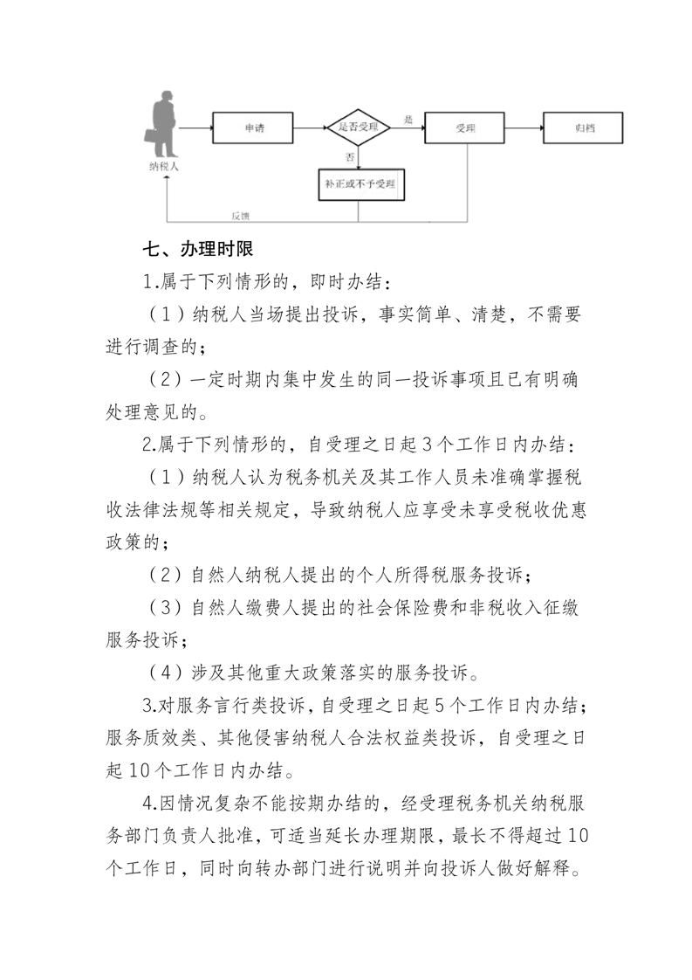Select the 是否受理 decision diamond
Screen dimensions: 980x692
pyautogui.click(x=358, y=128)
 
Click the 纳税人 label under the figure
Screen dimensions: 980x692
pyautogui.click(x=163, y=166)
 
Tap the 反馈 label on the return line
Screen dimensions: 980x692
pyautogui.click(x=241, y=216)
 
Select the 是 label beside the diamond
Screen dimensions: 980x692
pyautogui.click(x=408, y=119)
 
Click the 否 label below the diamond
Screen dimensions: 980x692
pyautogui.click(x=350, y=156)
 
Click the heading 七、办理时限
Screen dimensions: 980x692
pyautogui.click(x=198, y=250)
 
